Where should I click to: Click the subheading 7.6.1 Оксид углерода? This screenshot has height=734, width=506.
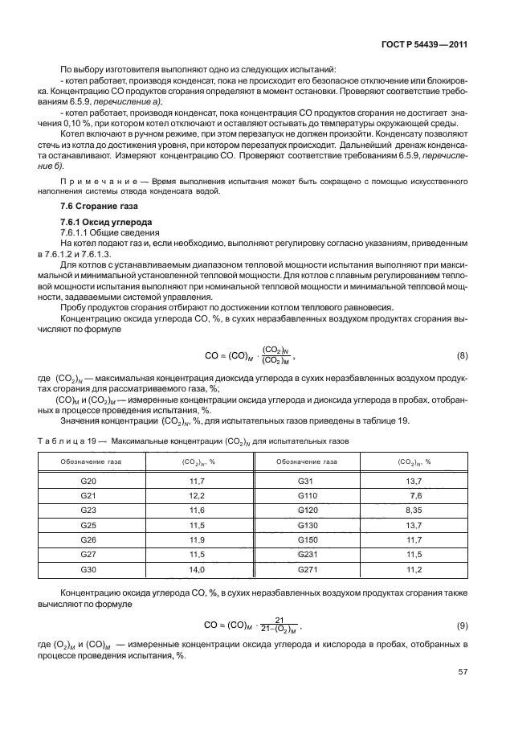[102, 221]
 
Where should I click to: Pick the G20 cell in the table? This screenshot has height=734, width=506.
[89, 480]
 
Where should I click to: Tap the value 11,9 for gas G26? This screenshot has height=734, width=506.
[197, 539]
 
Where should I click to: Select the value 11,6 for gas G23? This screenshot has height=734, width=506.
[197, 510]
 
